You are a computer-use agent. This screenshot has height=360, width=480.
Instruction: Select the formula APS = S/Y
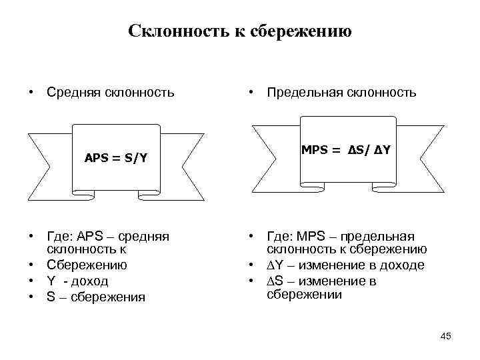[x=116, y=158]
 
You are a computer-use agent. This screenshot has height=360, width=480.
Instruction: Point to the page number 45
[x=445, y=336]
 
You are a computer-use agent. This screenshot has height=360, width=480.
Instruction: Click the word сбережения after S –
[x=108, y=297]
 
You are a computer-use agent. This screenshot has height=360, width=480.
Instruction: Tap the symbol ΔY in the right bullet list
[x=274, y=265]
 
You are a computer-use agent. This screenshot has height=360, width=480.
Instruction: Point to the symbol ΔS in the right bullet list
[x=274, y=281]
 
